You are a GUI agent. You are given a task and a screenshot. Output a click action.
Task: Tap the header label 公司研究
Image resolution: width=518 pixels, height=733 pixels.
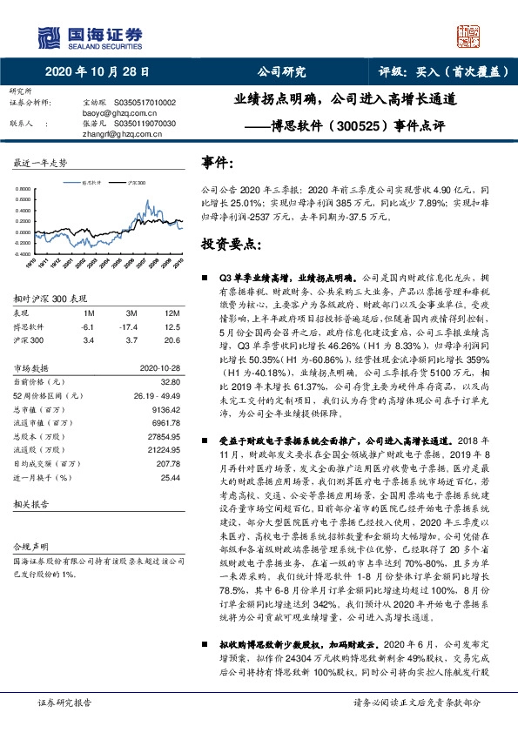pos(282,71)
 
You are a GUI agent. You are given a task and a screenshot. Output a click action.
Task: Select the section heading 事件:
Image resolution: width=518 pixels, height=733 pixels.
pos(218,163)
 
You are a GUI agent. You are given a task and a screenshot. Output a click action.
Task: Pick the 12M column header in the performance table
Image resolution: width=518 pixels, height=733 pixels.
pos(172,312)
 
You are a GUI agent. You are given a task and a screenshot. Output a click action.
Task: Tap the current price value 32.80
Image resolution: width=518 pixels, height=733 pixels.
pos(170,380)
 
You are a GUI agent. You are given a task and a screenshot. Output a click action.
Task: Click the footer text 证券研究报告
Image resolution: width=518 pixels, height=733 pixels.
pos(64,702)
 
